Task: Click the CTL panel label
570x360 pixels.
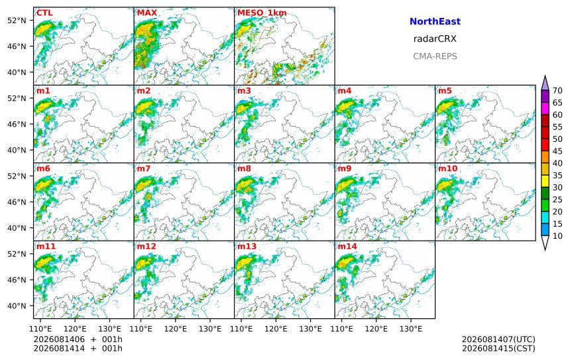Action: click(x=44, y=13)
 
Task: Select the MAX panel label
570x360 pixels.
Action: click(x=147, y=13)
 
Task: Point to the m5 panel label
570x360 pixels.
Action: click(x=445, y=91)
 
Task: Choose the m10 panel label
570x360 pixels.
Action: click(x=447, y=168)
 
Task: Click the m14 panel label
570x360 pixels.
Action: click(x=347, y=247)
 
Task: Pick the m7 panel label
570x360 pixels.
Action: click(x=144, y=168)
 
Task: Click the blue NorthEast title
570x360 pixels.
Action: click(x=435, y=21)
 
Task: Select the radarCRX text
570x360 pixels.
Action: click(x=435, y=39)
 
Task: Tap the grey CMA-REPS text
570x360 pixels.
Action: click(x=435, y=56)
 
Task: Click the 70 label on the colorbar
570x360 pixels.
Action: click(x=557, y=91)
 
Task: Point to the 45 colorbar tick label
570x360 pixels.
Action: click(x=557, y=151)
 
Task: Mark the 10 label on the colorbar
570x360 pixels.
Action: click(x=557, y=236)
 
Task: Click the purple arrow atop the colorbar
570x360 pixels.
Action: click(x=545, y=83)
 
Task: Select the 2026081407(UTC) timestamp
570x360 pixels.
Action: click(x=498, y=339)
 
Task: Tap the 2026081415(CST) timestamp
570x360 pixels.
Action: click(x=498, y=348)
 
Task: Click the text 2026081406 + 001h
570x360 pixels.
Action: click(x=78, y=339)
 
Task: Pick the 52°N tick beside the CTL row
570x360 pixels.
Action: click(x=17, y=21)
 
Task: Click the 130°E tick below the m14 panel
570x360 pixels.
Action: click(x=411, y=329)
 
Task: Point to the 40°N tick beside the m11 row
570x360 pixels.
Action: click(x=17, y=306)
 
